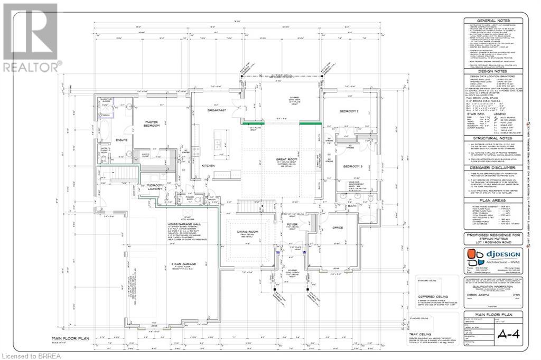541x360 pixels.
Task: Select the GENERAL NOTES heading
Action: (493, 21)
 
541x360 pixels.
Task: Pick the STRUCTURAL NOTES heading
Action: (493, 137)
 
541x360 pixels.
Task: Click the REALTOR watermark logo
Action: (30, 37)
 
